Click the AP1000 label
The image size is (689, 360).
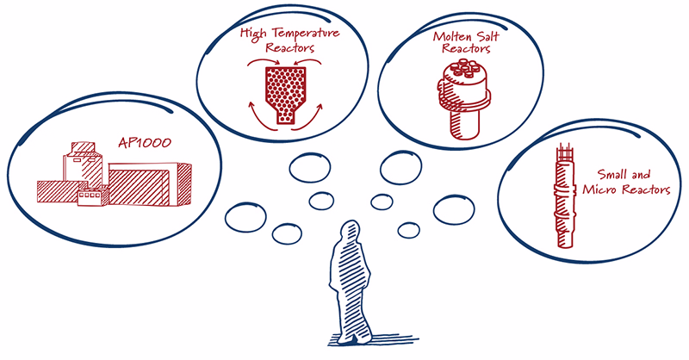tap(145, 142)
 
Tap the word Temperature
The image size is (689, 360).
tap(306, 33)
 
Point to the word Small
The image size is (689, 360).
tap(612, 174)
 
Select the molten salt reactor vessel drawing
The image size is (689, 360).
tap(463, 98)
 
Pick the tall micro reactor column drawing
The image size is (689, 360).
tap(565, 196)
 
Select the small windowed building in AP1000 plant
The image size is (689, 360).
tap(93, 196)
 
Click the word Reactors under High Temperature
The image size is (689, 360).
tap(290, 47)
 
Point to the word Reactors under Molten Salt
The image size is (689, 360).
tap(466, 48)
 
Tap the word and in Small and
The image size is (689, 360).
tap(640, 175)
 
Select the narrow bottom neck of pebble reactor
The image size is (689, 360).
tap(285, 116)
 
